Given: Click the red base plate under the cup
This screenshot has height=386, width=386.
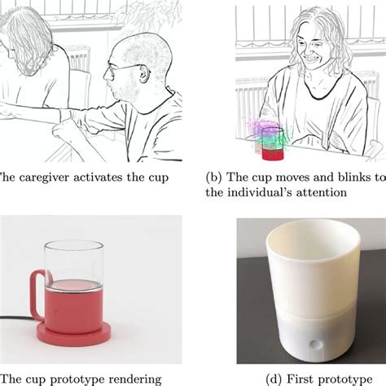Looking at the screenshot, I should tap(73, 333).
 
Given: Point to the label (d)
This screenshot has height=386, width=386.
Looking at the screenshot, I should tap(273, 379).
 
